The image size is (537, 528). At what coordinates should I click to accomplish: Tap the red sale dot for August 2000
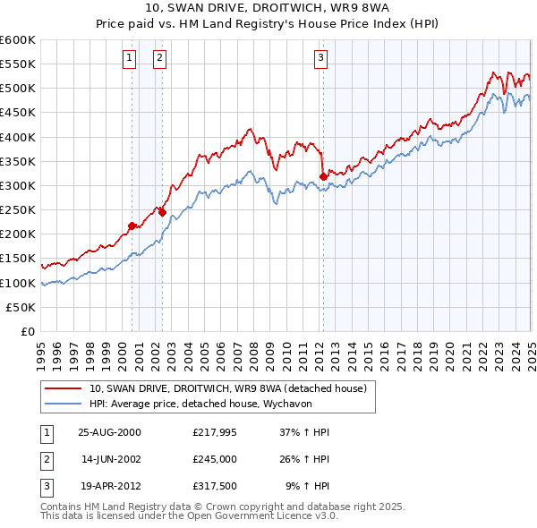coord(132,226)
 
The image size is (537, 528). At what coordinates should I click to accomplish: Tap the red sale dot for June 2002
coord(162,212)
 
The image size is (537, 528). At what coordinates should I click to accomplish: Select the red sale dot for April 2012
coord(323,177)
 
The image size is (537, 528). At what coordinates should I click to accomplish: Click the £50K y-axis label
coord(21,307)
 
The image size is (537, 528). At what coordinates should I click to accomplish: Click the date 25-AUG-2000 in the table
coord(109,432)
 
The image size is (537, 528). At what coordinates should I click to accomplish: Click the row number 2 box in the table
coord(46,459)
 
